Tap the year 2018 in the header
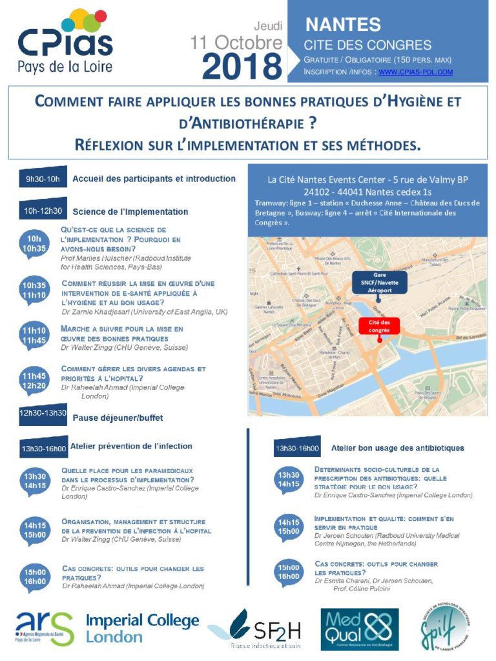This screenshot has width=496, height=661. click(x=242, y=66)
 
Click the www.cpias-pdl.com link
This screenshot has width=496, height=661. click(x=415, y=72)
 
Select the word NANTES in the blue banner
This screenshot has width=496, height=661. click(x=343, y=25)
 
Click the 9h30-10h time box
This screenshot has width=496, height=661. click(x=42, y=179)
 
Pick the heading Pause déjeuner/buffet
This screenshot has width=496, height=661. click(x=118, y=418)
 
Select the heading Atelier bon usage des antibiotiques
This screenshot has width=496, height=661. click(x=397, y=447)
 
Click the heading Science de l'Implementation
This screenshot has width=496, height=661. click(x=130, y=211)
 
